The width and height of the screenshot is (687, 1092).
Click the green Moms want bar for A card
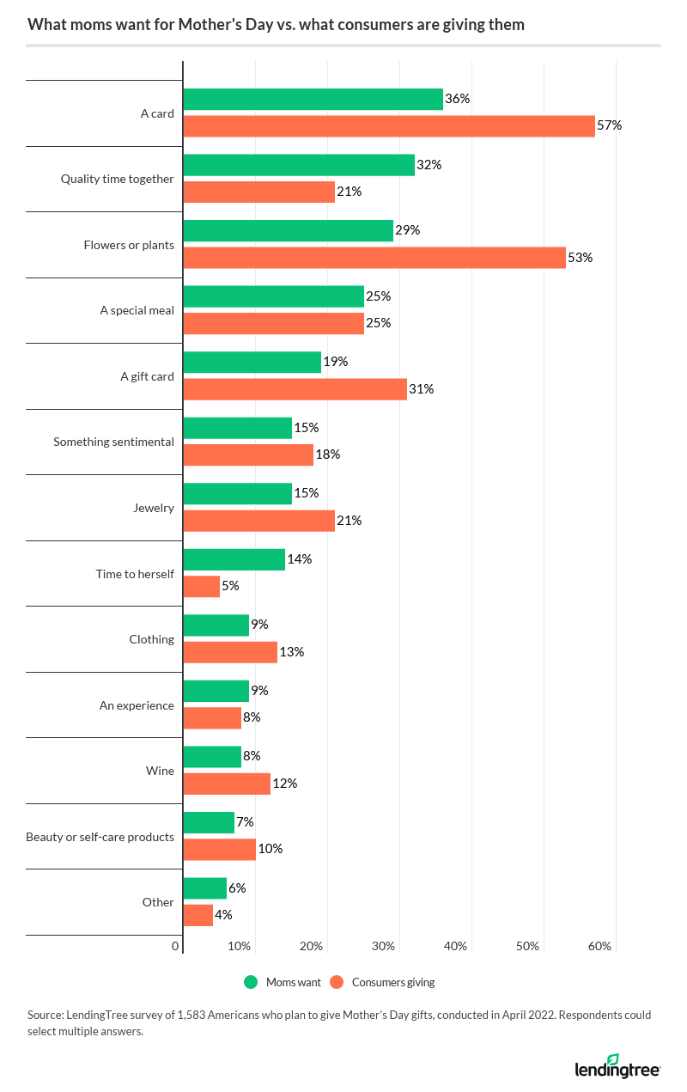313,99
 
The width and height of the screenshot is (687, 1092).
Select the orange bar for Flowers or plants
374,258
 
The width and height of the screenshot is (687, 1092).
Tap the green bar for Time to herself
234,559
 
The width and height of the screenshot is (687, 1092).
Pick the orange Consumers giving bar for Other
198,915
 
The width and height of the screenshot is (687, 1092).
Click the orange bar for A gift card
295,389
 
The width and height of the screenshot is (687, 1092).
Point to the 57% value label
610,125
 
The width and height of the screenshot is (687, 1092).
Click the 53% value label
581,258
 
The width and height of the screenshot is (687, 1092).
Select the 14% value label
300,559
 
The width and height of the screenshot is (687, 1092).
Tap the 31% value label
422,389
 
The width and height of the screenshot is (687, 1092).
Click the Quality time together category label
117,179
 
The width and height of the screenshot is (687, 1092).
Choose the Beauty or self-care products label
100,837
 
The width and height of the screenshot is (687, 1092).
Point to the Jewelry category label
155,508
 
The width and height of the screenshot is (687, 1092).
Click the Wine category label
161,771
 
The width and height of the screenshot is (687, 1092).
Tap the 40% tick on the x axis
455,946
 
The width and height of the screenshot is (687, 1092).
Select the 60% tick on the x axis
599,946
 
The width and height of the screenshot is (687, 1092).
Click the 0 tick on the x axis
175,946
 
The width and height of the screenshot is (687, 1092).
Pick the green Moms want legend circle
251,982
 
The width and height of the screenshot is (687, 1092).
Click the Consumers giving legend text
393,982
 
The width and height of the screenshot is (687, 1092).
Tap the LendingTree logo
617,1066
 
